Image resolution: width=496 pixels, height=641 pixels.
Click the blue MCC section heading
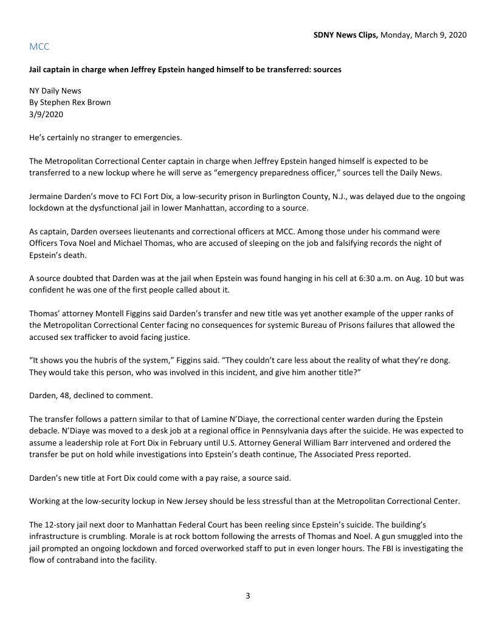coord(39,47)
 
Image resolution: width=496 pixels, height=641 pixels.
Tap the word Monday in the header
coord(396,35)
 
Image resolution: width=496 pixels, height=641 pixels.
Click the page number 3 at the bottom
coord(248,595)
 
